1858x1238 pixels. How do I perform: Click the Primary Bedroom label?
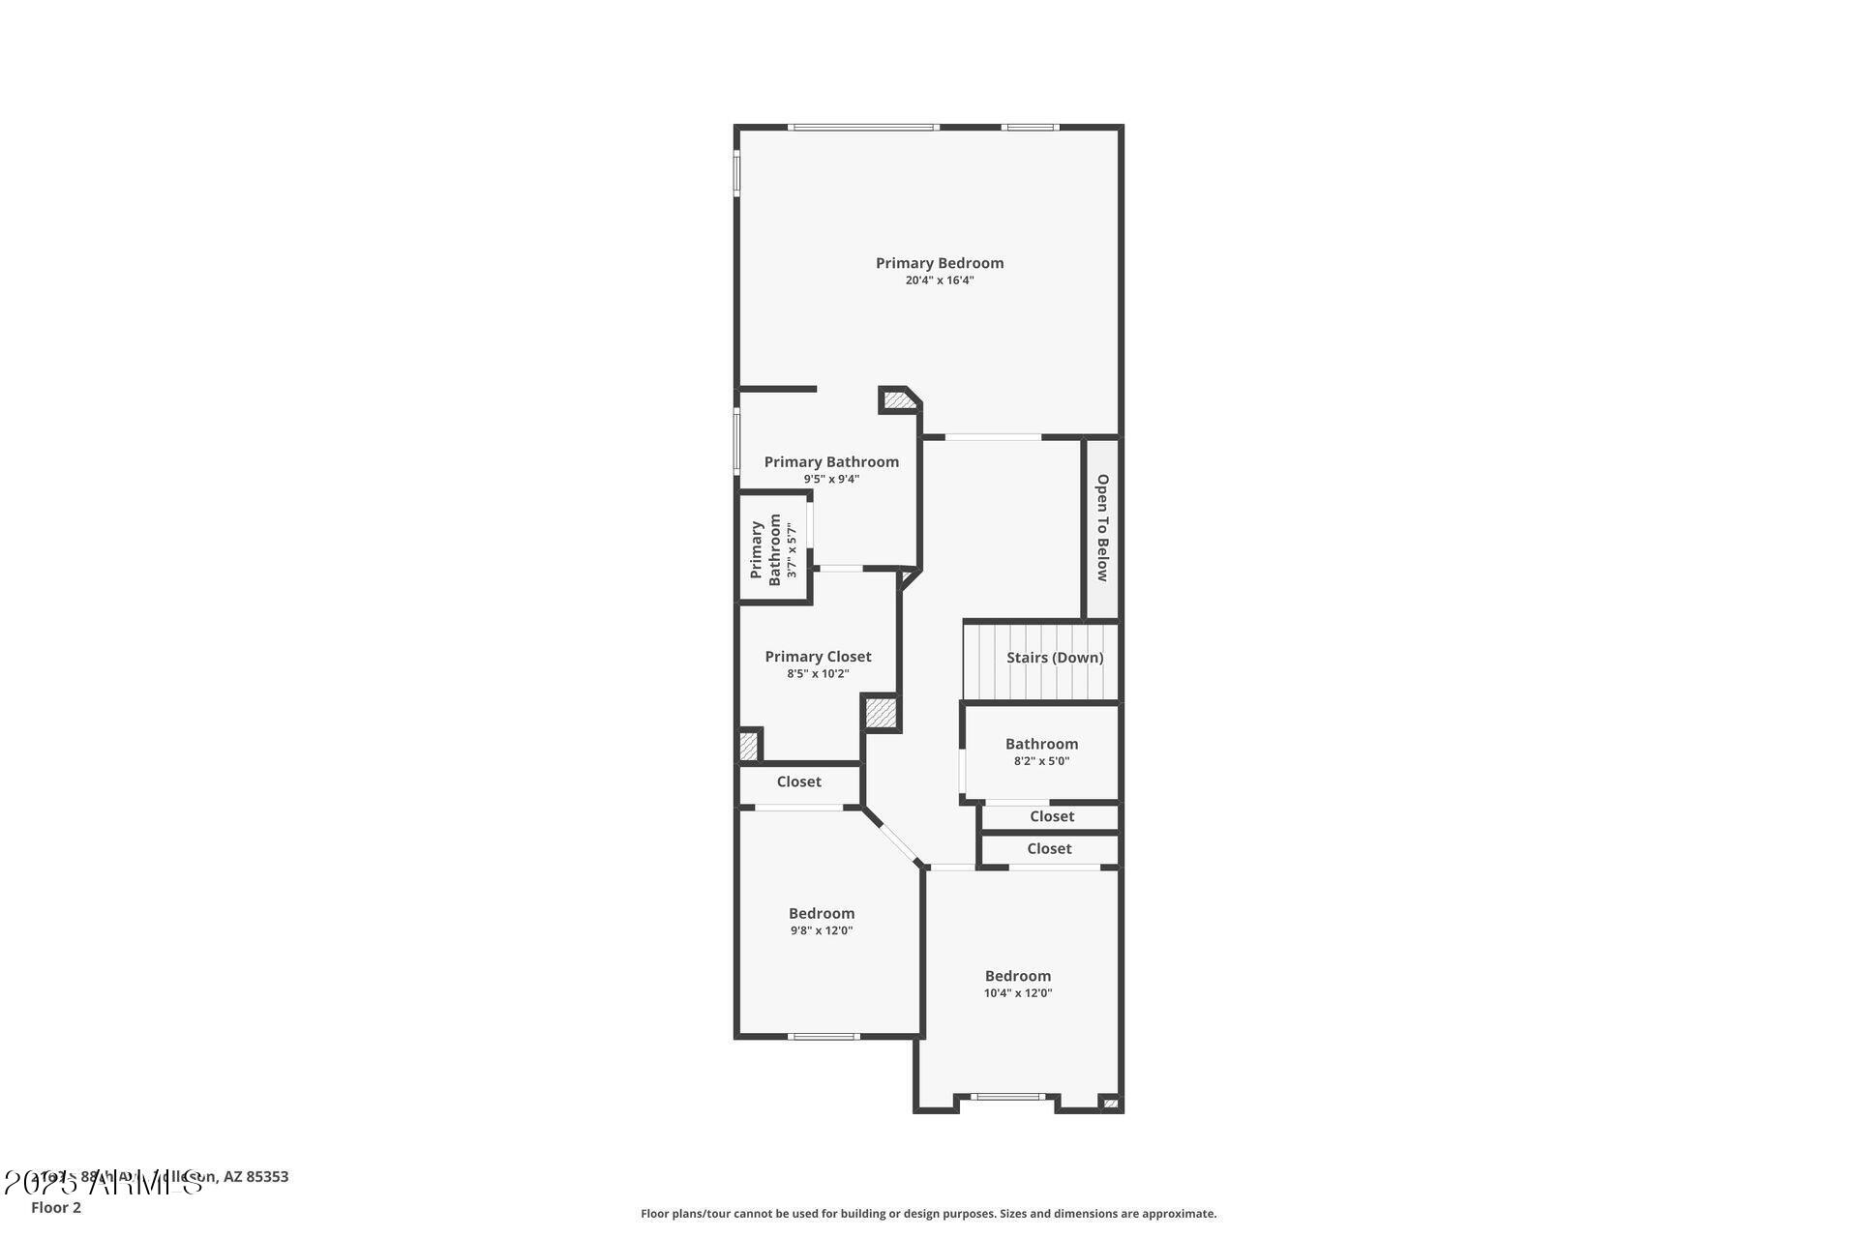pyautogui.click(x=939, y=263)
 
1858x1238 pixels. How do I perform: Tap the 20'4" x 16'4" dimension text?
pyautogui.click(x=939, y=280)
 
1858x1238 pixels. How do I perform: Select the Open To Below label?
pyautogui.click(x=1101, y=527)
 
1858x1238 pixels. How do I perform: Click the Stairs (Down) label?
pyautogui.click(x=1054, y=658)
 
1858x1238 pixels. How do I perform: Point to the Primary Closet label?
pyautogui.click(x=818, y=657)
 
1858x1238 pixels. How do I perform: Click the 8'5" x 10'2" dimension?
pyautogui.click(x=818, y=674)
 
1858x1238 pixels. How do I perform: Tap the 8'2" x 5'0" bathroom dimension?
pyautogui.click(x=1041, y=761)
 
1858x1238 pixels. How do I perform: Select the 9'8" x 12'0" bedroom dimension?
pyautogui.click(x=821, y=930)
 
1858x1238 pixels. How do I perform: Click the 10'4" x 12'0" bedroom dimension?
pyautogui.click(x=1017, y=993)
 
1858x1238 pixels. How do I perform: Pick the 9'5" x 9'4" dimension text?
pyautogui.click(x=831, y=479)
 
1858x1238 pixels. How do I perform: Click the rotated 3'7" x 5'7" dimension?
pyautogui.click(x=792, y=550)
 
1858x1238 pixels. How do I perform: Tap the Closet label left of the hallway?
pyautogui.click(x=798, y=781)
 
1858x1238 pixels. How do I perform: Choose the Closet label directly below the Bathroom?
pyautogui.click(x=1051, y=816)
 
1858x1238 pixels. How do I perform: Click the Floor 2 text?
pyautogui.click(x=56, y=1207)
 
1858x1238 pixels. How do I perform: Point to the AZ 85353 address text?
pyautogui.click(x=255, y=1177)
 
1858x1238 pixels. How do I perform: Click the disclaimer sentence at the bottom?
pyautogui.click(x=928, y=1213)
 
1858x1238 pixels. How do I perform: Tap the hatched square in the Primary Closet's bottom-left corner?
pyautogui.click(x=748, y=746)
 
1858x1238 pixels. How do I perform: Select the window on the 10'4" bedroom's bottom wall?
pyautogui.click(x=1007, y=1097)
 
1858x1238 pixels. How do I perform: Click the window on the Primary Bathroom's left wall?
pyautogui.click(x=736, y=441)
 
